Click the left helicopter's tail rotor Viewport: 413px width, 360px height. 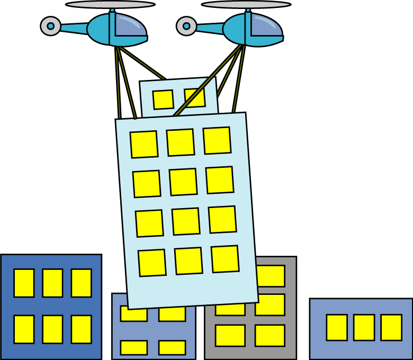(x=50, y=25)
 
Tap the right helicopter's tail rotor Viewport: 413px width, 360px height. (x=186, y=25)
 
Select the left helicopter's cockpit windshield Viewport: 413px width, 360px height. (x=129, y=27)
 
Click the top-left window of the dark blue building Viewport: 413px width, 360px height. (x=24, y=283)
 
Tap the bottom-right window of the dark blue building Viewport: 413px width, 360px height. (x=81, y=329)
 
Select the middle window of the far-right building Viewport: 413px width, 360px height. (x=364, y=327)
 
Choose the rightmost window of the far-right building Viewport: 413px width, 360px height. (x=391, y=327)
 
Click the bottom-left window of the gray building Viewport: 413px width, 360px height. (x=230, y=335)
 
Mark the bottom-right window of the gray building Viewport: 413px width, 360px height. (x=270, y=335)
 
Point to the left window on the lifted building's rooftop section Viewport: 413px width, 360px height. (x=163, y=100)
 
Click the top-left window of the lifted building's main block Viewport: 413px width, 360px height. (x=144, y=144)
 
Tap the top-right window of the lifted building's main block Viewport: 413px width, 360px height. (x=217, y=140)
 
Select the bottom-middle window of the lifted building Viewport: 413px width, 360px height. (x=188, y=260)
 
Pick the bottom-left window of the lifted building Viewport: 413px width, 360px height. (x=152, y=263)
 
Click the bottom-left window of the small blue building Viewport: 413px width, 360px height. (x=133, y=347)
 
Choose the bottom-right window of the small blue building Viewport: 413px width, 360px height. (x=172, y=347)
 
